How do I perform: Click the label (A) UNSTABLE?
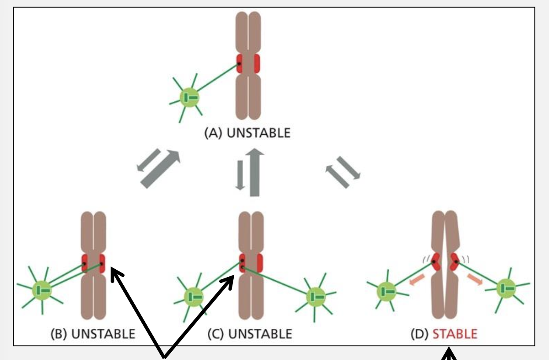click(x=247, y=133)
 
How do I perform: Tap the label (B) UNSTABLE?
click(x=97, y=334)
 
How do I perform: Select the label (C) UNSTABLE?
click(x=250, y=334)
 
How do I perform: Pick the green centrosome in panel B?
click(x=42, y=289)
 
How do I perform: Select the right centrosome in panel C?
click(x=316, y=296)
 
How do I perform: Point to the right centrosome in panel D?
click(x=506, y=289)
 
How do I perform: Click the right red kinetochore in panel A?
click(x=257, y=64)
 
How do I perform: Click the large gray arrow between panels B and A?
click(x=161, y=169)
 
